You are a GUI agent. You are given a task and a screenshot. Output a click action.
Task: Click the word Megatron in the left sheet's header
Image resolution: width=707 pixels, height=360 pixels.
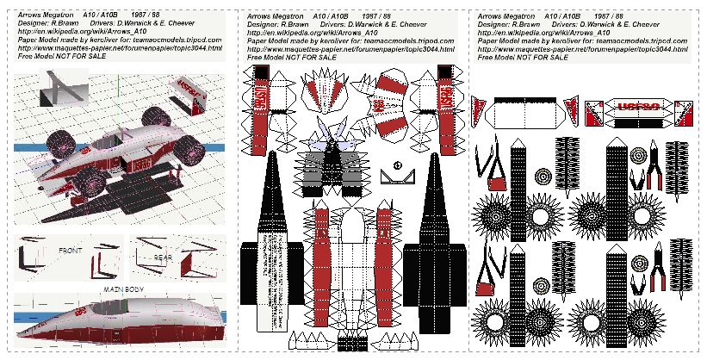click(58, 16)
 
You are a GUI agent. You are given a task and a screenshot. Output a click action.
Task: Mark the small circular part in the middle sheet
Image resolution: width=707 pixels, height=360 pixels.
click(397, 165)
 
